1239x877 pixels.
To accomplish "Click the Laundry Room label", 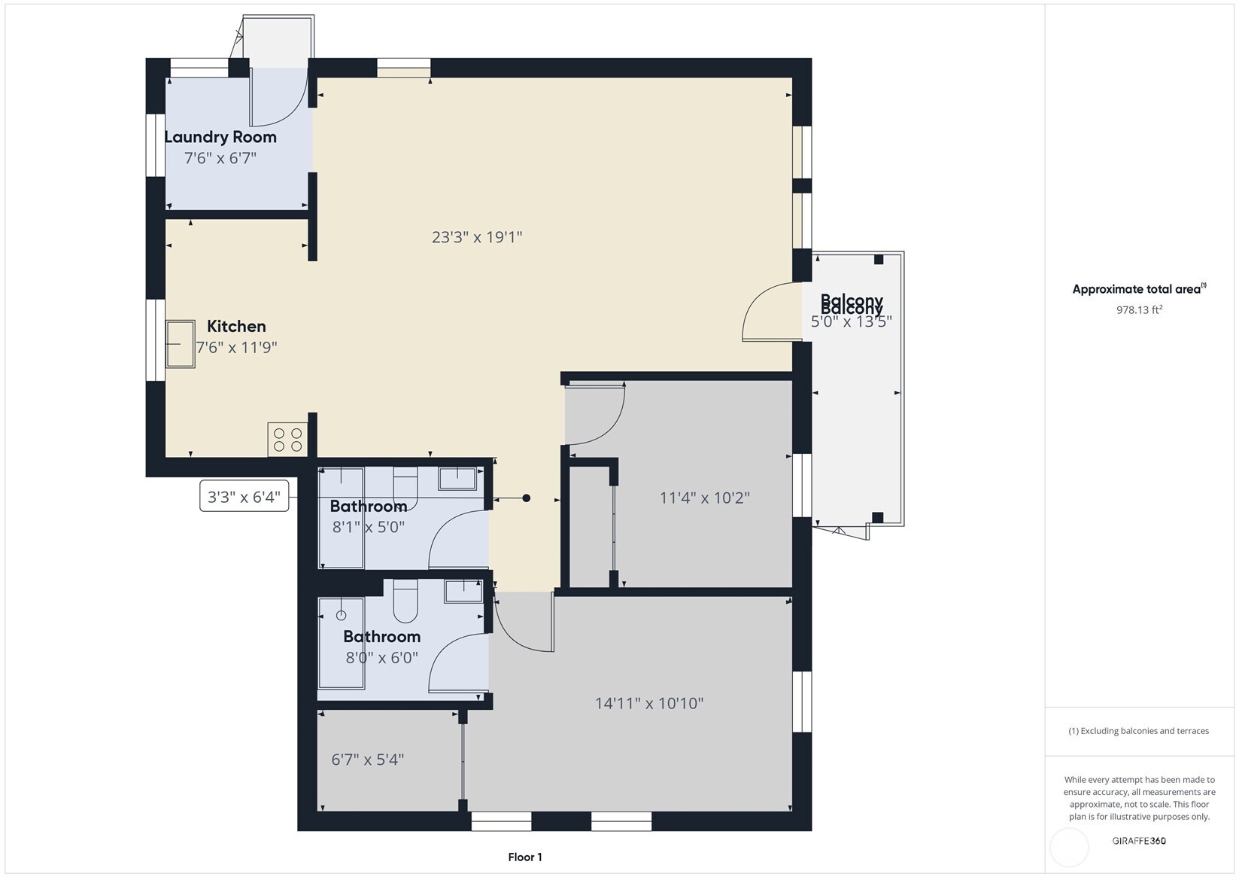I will pos(220,137).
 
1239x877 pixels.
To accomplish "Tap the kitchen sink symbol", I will pos(181,344).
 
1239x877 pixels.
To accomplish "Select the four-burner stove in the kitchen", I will pos(287,440).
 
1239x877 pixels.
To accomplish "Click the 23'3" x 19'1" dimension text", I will pos(477,237).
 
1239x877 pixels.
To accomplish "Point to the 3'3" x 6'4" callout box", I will pos(244,497).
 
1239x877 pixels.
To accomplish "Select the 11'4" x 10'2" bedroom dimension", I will pos(704,498).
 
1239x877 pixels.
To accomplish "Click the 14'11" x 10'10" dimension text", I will pos(649,703).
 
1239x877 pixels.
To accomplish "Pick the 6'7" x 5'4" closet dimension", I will pos(368,760).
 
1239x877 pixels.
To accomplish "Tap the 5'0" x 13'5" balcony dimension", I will pos(851,322).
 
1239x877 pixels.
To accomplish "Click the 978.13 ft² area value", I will pos(1139,309).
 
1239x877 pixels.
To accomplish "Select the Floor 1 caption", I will pos(524,857).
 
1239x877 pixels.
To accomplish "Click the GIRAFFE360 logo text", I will pos(1139,841).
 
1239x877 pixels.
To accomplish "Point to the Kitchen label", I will pos(236,326).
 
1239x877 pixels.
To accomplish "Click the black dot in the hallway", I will pos(527,498).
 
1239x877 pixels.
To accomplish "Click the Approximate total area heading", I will pos(1138,289).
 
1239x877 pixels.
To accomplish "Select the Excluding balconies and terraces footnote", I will pos(1139,731).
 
